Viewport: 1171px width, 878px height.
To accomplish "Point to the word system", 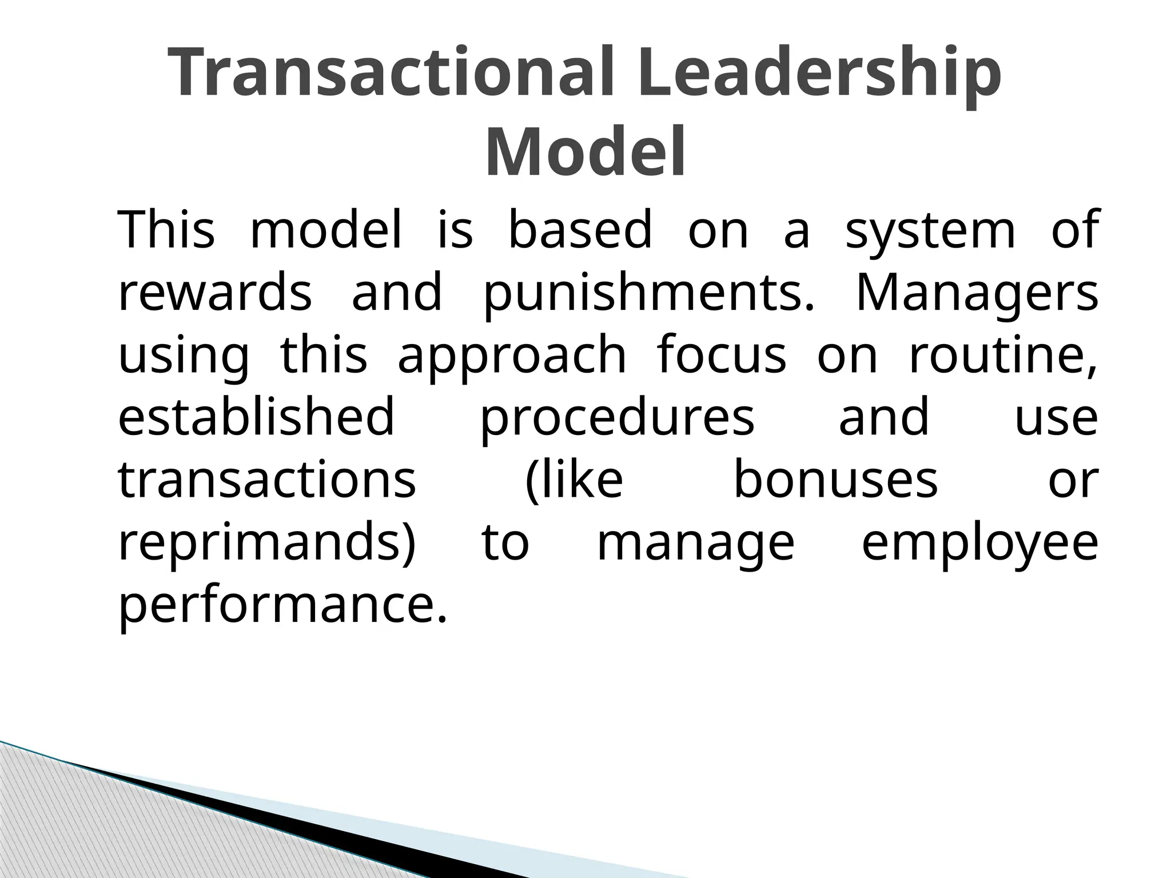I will click(930, 231).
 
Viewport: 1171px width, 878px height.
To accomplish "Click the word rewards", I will click(215, 293).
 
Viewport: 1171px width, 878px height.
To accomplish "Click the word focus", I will click(722, 356).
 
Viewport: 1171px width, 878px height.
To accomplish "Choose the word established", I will click(256, 417).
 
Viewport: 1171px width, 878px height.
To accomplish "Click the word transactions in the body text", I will click(267, 480).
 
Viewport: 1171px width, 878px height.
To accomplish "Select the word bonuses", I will click(835, 480).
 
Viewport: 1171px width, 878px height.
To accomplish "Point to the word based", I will click(580, 231).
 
